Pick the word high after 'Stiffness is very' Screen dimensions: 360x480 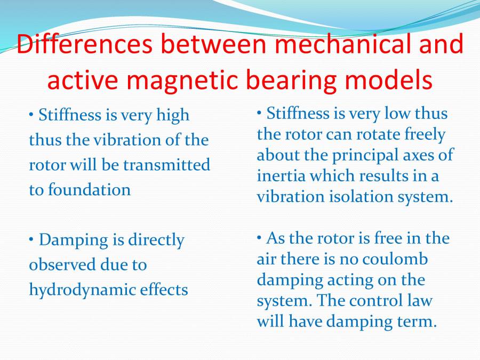(x=171, y=115)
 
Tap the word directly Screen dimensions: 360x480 (x=156, y=240)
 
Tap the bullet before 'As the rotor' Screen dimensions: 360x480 (x=259, y=238)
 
